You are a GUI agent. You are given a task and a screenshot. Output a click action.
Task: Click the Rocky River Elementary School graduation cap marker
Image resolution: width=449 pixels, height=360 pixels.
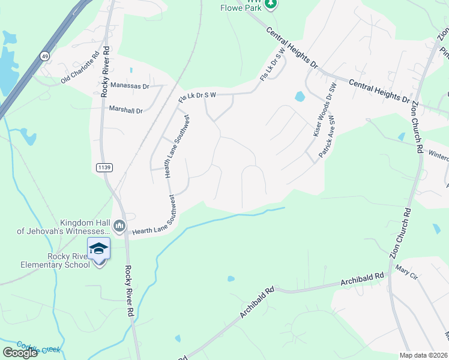click(98, 249)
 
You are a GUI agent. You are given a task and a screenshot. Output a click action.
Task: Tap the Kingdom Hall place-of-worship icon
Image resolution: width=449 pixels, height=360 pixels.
click(119, 226)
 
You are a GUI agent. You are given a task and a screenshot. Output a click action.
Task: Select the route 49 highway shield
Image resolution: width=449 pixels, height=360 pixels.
click(44, 56)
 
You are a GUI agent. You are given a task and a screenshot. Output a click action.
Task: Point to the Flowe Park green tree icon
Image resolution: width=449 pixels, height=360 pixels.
click(271, 4)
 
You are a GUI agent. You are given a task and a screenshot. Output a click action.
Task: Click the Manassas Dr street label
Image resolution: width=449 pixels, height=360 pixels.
click(129, 86)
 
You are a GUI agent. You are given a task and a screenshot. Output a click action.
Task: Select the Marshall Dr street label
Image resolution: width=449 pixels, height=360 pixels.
click(126, 110)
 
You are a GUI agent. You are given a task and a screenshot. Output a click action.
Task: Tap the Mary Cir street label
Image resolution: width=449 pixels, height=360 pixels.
click(406, 275)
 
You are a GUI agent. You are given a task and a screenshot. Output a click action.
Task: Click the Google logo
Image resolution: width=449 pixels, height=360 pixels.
click(19, 353)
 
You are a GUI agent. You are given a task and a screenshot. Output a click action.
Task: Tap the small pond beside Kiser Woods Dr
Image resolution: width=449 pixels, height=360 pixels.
click(299, 97)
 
